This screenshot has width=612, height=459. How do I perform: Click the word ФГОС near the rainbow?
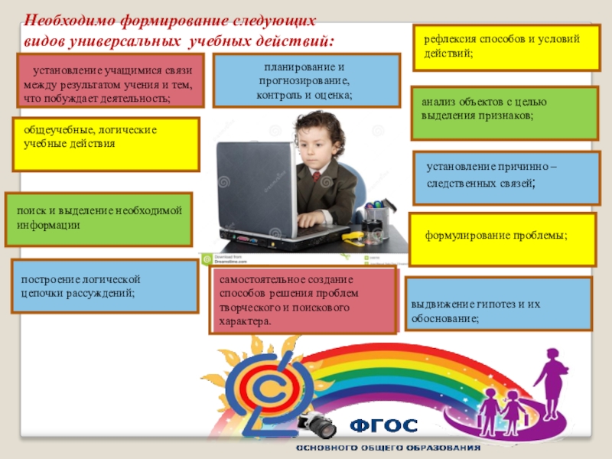tap(383, 426)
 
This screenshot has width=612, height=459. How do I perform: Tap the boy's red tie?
tap(317, 176)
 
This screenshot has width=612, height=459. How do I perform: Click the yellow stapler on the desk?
tap(353, 238)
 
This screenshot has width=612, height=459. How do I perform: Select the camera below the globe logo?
tap(317, 425)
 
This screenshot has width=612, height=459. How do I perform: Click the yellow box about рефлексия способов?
tap(506, 47)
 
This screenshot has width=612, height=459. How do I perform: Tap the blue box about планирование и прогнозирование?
tap(307, 80)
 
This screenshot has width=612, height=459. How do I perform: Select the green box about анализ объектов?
tap(505, 113)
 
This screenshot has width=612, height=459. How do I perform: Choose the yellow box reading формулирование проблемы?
tap(503, 239)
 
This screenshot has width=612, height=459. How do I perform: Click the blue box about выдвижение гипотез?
tap(499, 304)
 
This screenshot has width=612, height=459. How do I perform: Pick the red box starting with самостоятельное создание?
tap(303, 300)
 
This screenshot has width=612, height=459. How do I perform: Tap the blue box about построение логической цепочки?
tap(105, 286)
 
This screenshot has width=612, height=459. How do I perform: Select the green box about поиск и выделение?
tap(99, 220)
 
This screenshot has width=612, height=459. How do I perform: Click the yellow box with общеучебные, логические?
tap(106, 145)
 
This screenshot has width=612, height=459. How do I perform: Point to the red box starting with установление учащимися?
tap(110, 80)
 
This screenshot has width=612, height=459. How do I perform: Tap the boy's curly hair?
tap(319, 125)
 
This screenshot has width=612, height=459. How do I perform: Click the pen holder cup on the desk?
tap(376, 220)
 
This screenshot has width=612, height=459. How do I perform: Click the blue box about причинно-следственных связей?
tap(506, 178)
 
